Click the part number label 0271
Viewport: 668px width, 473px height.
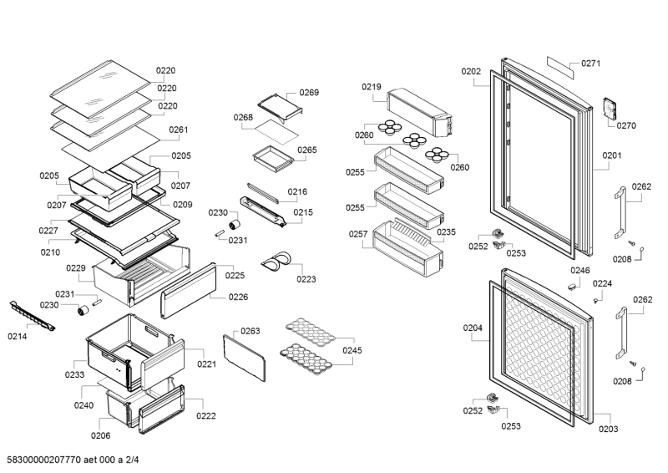point(591,64)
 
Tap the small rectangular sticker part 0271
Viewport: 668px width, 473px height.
point(559,67)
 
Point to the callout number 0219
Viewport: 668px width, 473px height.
point(371,87)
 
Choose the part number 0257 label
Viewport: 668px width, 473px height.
point(357,235)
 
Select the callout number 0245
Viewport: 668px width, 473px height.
point(352,350)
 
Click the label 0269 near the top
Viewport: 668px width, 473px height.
point(309,93)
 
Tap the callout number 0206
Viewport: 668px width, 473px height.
point(100,435)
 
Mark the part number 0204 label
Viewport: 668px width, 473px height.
point(473,328)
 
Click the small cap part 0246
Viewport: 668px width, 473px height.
point(572,284)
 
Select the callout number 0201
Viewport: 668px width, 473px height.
point(612,155)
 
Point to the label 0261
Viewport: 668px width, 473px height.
point(178,130)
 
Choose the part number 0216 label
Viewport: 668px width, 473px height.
point(297,191)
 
